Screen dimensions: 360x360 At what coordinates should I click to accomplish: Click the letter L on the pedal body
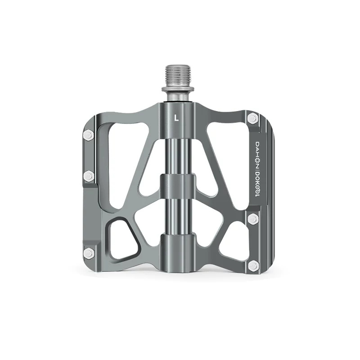(x=176, y=118)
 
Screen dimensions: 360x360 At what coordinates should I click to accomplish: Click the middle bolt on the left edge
(x=89, y=176)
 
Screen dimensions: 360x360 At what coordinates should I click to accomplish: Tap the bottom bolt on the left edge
(x=89, y=253)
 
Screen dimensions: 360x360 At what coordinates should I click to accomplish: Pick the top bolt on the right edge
(x=253, y=118)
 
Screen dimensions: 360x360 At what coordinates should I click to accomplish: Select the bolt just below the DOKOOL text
(x=253, y=218)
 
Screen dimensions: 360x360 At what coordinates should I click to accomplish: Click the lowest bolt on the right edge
(x=253, y=265)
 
